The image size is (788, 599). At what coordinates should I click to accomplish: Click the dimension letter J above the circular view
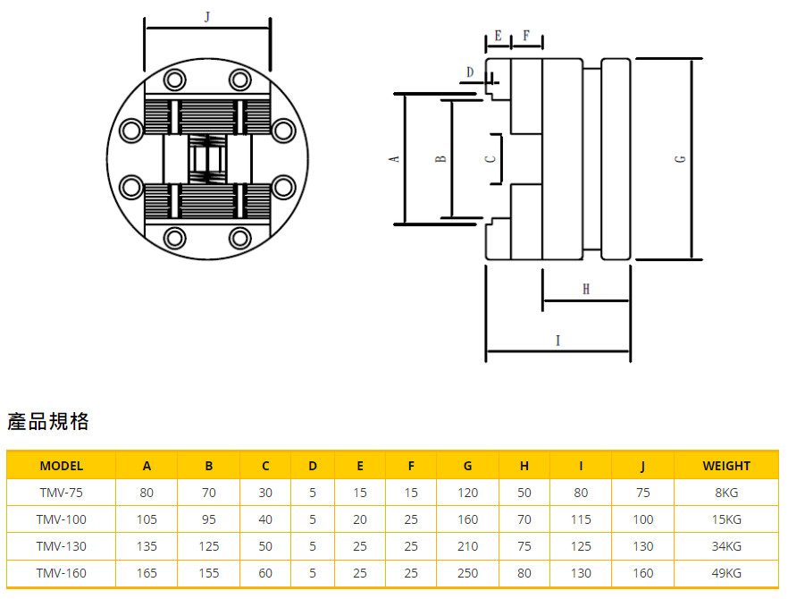(x=207, y=17)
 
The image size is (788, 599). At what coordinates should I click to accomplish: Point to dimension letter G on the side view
(x=681, y=159)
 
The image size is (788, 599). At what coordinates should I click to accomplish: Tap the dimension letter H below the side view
(x=586, y=289)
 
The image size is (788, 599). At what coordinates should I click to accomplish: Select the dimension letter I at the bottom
(x=557, y=340)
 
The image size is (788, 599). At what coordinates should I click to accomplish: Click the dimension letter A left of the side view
(x=394, y=159)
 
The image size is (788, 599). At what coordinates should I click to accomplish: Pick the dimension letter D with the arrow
(x=469, y=72)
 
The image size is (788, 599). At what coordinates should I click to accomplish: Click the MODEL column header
(x=62, y=465)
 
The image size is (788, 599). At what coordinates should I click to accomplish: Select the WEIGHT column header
(x=726, y=465)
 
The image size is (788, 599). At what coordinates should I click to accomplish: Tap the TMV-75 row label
(x=62, y=492)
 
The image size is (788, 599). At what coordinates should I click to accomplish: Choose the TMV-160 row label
(x=62, y=573)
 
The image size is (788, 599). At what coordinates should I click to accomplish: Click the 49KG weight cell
(x=726, y=573)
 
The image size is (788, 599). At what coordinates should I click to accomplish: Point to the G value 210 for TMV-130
(x=467, y=546)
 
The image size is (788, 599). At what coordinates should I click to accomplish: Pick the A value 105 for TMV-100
(x=147, y=519)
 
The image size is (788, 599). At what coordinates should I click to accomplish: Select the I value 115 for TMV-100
(x=581, y=519)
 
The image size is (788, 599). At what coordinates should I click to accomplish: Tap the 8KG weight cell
(x=726, y=492)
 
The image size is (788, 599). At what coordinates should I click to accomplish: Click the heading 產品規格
(x=48, y=422)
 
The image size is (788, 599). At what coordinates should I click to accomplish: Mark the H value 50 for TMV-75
(x=524, y=492)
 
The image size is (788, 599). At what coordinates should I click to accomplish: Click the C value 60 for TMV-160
(x=265, y=573)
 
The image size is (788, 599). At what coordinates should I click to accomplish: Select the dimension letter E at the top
(x=498, y=36)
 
